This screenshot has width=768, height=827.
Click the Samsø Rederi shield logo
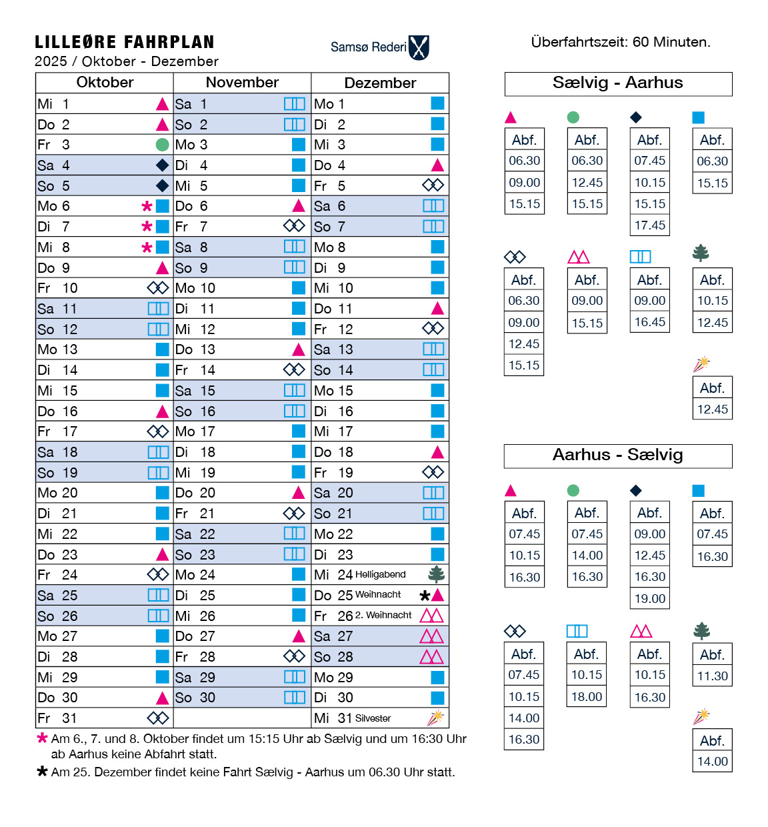[419, 47]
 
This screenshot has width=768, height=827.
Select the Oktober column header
[105, 83]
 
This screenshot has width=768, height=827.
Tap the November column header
[242, 83]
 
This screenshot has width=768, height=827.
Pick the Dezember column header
[380, 83]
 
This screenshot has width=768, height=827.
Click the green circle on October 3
[162, 145]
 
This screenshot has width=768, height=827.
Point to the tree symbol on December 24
[437, 574]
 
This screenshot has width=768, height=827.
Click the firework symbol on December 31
[435, 718]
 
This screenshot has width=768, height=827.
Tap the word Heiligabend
[381, 574]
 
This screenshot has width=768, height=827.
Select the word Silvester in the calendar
[373, 718]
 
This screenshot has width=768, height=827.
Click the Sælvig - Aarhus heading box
[618, 83]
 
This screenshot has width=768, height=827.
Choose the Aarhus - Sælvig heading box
[618, 456]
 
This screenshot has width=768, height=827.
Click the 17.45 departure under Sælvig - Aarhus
[650, 225]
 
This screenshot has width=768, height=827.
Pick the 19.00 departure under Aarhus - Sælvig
[650, 599]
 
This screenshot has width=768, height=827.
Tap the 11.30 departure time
[713, 676]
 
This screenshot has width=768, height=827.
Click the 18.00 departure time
[587, 697]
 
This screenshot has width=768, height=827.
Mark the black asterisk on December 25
[425, 596]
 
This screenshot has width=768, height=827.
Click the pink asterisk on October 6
[147, 207]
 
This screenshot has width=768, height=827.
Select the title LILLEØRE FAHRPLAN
[125, 43]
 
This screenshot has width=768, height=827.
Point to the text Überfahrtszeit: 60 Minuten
[621, 42]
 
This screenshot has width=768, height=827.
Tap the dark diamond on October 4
[162, 165]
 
